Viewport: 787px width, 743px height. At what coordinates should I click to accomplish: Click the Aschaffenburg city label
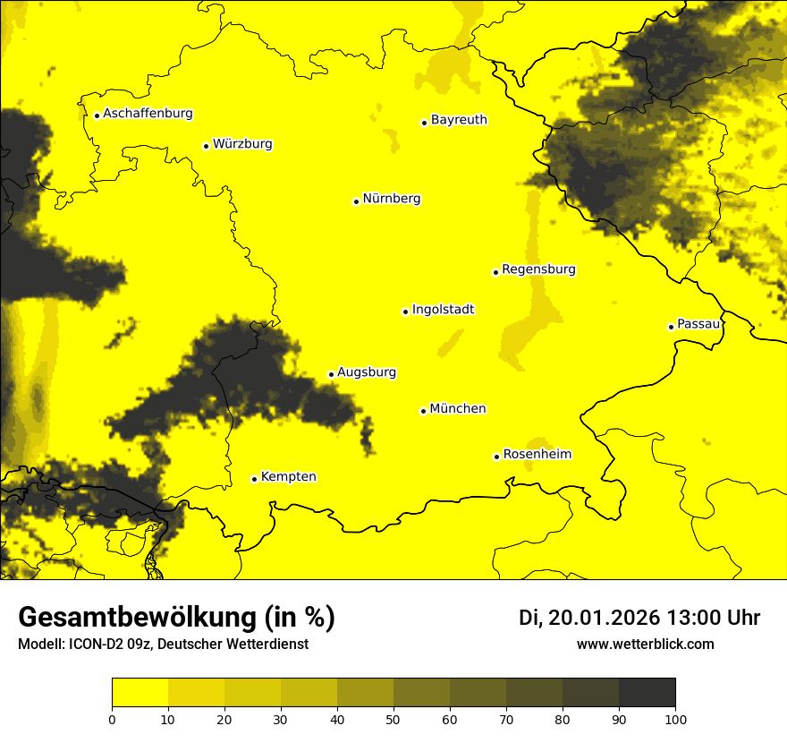coord(148,114)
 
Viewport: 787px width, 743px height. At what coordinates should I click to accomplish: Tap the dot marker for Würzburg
coord(206,146)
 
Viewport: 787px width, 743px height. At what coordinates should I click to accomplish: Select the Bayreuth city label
coord(459,119)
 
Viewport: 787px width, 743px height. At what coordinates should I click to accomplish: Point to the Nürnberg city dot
coord(356,201)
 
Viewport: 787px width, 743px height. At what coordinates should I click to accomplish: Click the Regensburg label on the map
coord(538,269)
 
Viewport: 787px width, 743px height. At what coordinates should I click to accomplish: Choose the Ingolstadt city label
coord(443,310)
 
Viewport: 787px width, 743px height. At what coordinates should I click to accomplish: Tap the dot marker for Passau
coord(671,327)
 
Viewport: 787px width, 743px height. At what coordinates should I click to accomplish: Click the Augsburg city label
coord(367,372)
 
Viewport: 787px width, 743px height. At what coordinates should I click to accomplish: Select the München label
coord(458,409)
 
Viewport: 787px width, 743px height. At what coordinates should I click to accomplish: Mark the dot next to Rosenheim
coord(496,457)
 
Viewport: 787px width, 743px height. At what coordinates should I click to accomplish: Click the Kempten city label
coord(288,477)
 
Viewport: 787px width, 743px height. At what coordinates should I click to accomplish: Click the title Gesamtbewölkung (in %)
coord(176,618)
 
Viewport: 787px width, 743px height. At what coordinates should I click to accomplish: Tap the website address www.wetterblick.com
coord(645,644)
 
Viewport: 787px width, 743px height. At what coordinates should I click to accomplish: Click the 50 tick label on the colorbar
coord(393,719)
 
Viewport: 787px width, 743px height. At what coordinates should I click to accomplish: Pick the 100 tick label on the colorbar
coord(675,719)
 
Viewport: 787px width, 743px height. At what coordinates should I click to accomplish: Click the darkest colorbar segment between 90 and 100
coord(647,693)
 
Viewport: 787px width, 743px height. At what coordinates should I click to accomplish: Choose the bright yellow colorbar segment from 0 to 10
coord(140,693)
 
